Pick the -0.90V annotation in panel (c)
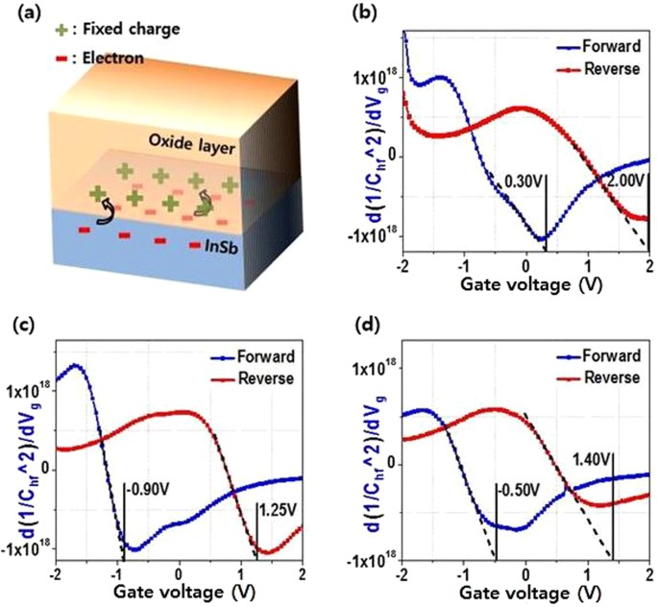click(x=145, y=486)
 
